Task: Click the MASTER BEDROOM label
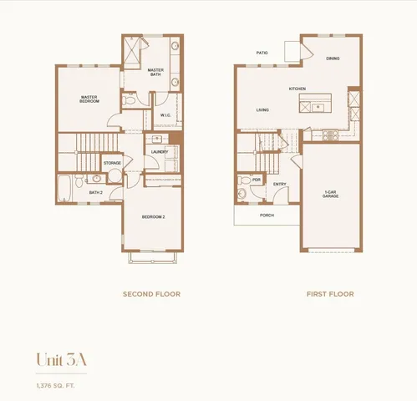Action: [x=89, y=99]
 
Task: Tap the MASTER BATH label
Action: [x=155, y=72]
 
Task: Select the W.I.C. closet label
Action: [x=165, y=115]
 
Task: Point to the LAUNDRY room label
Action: [x=160, y=152]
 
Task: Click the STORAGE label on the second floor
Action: [x=112, y=163]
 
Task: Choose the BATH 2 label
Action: [x=95, y=192]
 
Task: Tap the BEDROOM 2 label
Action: [x=152, y=216]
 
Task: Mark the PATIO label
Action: [x=262, y=53]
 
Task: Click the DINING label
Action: [x=333, y=58]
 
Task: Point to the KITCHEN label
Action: [x=297, y=89]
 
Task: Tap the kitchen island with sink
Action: [x=316, y=106]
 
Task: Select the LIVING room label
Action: [x=262, y=109]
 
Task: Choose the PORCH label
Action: [x=267, y=215]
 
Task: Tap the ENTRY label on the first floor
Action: [x=279, y=184]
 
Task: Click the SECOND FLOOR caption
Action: [x=151, y=294]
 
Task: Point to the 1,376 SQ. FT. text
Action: [x=57, y=384]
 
